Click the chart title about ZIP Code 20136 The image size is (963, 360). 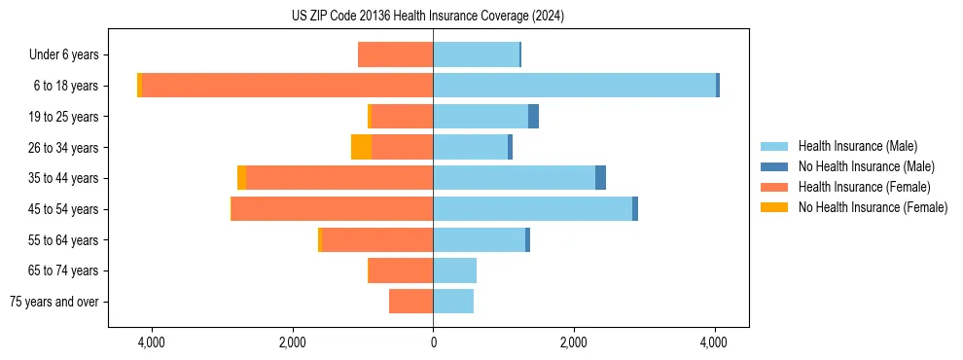coord(428,17)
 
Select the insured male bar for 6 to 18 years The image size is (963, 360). coord(574,86)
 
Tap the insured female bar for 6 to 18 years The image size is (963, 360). coord(287,86)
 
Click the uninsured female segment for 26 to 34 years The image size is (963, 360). coord(361,147)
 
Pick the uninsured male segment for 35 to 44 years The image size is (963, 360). coord(601,178)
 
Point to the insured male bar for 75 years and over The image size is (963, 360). coord(453,302)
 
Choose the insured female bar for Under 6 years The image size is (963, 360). coord(396,54)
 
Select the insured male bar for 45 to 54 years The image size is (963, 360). coord(532,209)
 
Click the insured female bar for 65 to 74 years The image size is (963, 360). coord(401,270)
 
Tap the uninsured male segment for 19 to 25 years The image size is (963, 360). coord(533,117)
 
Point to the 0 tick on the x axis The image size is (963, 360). coord(433,343)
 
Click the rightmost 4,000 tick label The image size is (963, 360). coord(714,343)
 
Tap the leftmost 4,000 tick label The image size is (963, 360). coord(152,343)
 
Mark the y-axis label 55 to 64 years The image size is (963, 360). coord(65,240)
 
